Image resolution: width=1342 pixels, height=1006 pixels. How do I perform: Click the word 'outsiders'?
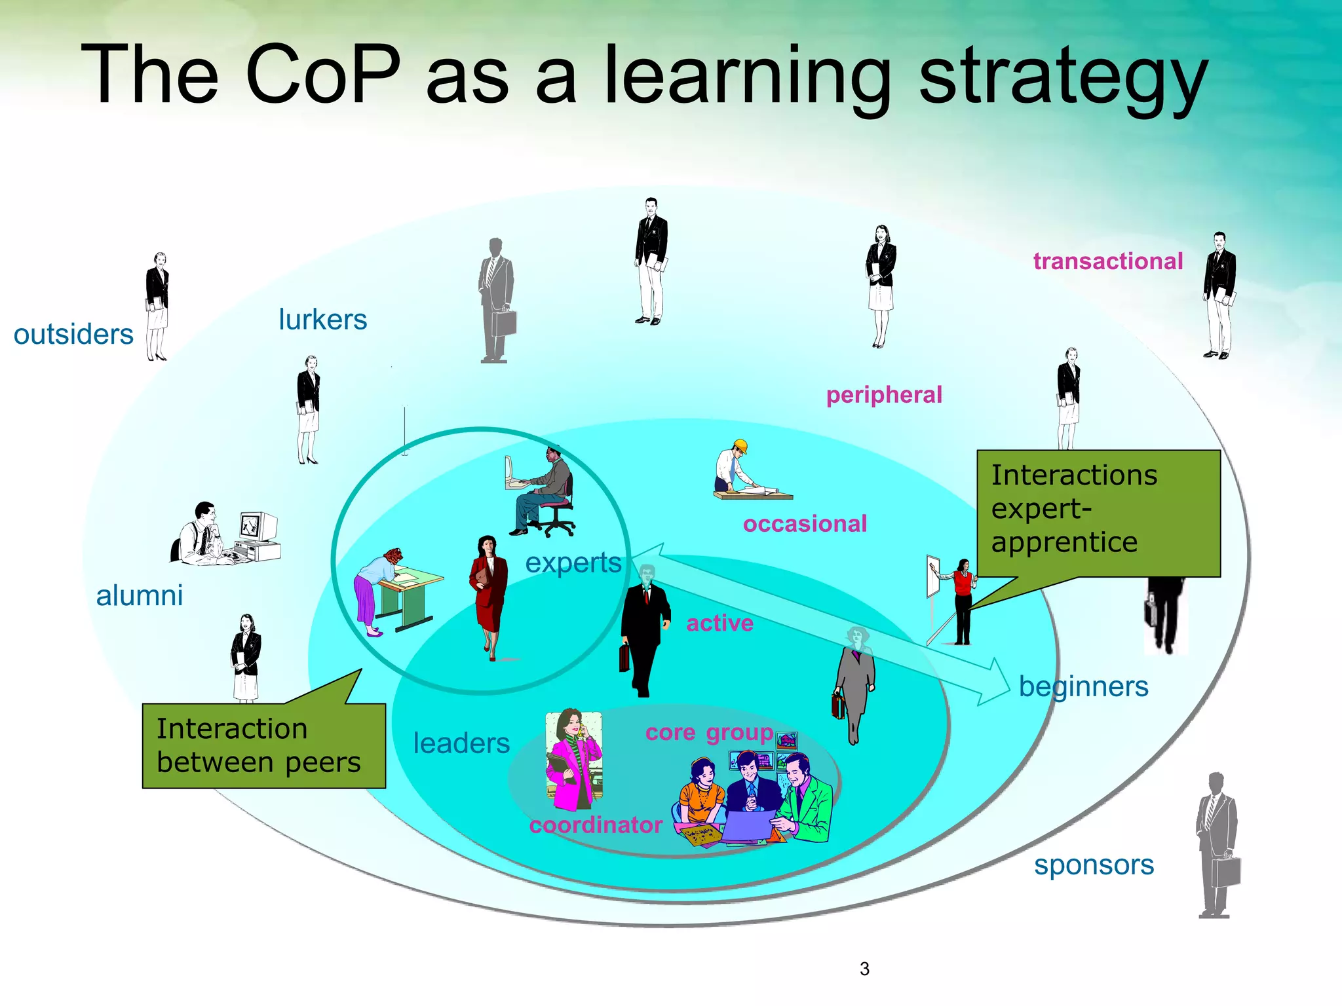click(x=73, y=335)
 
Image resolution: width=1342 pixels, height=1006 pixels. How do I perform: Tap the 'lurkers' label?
click(x=322, y=320)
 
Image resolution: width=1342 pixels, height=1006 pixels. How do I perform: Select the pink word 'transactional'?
click(x=1108, y=261)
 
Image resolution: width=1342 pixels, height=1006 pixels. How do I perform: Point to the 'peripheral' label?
click(x=884, y=395)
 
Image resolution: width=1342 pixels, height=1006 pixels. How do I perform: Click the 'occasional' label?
click(x=805, y=524)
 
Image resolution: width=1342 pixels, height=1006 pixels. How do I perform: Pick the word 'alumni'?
click(x=139, y=596)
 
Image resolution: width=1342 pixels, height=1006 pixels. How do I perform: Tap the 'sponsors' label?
click(x=1094, y=865)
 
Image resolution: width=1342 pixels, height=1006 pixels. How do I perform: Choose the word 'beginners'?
click(x=1083, y=687)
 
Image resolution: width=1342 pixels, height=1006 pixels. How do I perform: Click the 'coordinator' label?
click(x=596, y=825)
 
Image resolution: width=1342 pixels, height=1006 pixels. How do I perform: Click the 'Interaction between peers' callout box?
click(x=263, y=746)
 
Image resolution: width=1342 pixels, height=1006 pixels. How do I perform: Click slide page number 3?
click(x=864, y=969)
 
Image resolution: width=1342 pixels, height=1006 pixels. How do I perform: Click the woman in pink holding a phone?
click(x=573, y=760)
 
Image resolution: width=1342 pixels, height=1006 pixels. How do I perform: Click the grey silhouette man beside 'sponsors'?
click(x=1216, y=845)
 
